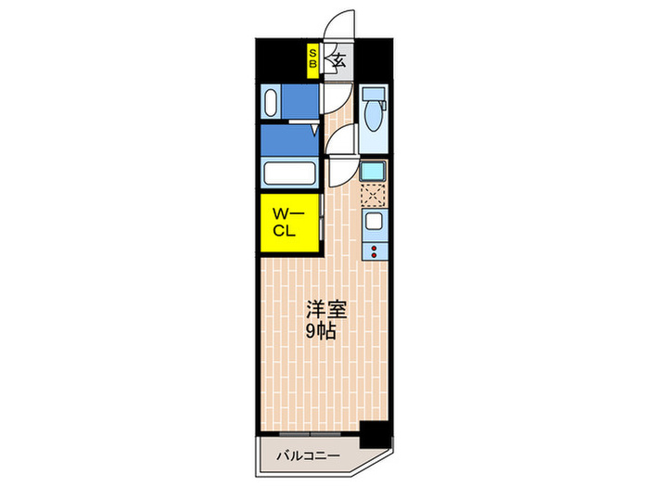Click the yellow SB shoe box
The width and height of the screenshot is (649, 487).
[x=313, y=60]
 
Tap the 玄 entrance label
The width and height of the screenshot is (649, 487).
[x=338, y=62]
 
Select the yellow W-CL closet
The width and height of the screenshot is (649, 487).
[x=288, y=223]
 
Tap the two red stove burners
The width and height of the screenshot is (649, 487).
[x=375, y=250]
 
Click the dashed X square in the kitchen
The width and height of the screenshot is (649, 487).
[x=374, y=195]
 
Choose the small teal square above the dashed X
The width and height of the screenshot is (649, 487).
[x=374, y=171]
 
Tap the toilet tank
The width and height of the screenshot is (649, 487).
[x=374, y=96]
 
